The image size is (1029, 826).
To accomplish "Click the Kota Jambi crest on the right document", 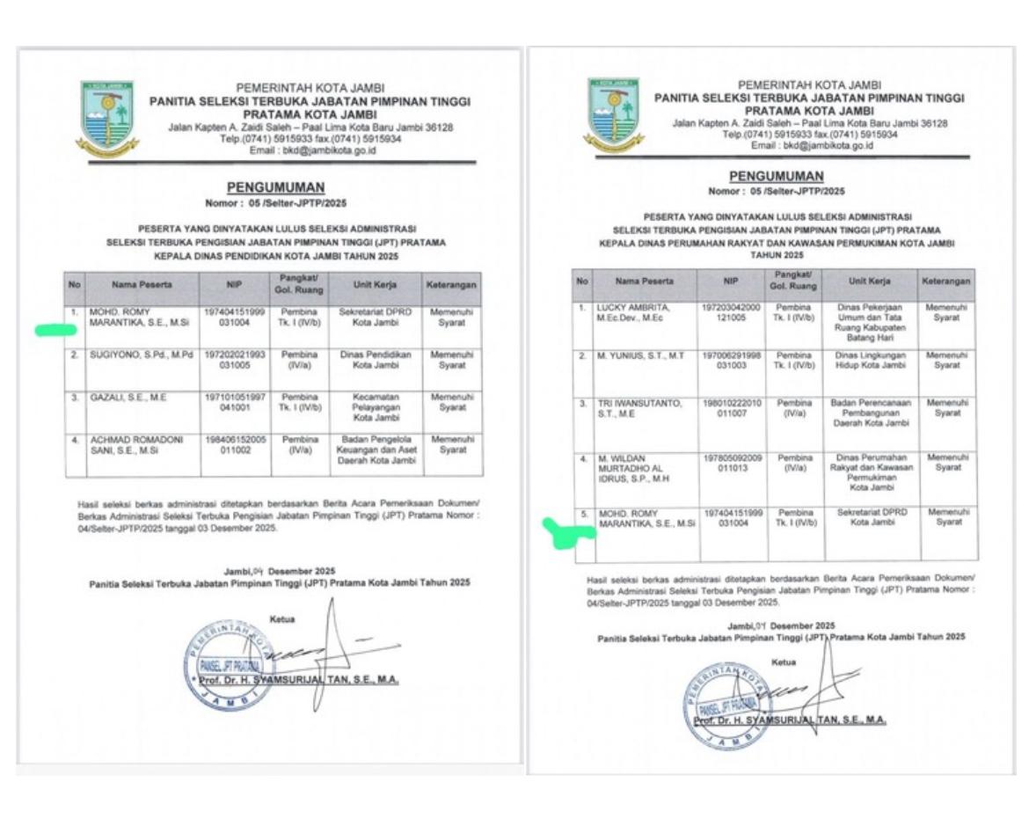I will [613, 112].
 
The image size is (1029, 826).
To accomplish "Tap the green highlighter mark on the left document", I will [55, 331].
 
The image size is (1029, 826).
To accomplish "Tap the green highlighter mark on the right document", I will [563, 530].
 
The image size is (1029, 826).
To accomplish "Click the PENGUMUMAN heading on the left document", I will [275, 187].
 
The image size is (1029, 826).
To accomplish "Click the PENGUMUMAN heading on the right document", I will [777, 177].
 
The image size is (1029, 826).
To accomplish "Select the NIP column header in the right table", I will [731, 281].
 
